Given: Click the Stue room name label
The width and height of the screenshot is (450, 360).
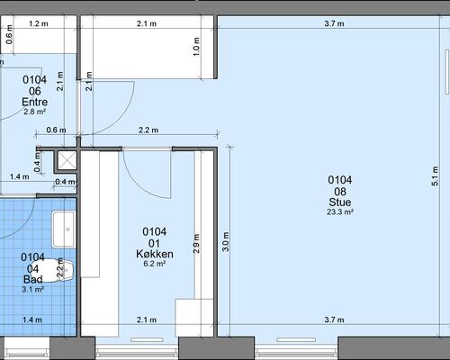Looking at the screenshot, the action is click(x=340, y=202).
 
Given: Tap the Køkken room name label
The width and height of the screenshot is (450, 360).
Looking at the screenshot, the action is click(x=155, y=254).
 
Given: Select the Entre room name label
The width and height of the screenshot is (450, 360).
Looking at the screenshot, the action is click(x=34, y=102).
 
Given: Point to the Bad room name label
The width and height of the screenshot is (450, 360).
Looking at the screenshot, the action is click(x=32, y=279).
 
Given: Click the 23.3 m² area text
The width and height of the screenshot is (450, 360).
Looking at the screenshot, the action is click(x=340, y=212).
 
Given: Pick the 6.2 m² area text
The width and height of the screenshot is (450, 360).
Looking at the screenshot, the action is click(x=155, y=264).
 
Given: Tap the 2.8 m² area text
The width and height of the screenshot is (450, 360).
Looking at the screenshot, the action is click(x=34, y=112).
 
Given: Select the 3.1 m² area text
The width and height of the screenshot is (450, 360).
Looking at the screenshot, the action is click(x=32, y=289).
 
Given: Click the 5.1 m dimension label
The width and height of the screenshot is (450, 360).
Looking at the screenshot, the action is click(x=435, y=176).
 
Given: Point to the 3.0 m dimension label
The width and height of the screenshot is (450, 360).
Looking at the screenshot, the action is click(x=226, y=241).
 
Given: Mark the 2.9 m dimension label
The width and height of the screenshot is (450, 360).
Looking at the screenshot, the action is click(x=196, y=244).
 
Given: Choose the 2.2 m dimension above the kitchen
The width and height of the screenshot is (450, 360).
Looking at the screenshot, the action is click(x=148, y=130).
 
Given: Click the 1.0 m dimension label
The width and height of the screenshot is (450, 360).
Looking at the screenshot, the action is click(x=196, y=47).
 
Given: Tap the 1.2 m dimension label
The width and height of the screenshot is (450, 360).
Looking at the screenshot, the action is click(x=39, y=23).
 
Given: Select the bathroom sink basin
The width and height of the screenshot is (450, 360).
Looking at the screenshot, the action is click(x=63, y=229).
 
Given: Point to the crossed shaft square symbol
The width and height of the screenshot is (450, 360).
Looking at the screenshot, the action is click(x=67, y=160).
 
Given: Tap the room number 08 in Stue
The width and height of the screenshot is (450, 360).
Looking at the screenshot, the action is click(x=340, y=192).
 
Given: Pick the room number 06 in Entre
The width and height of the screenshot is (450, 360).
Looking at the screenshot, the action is click(x=34, y=91).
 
